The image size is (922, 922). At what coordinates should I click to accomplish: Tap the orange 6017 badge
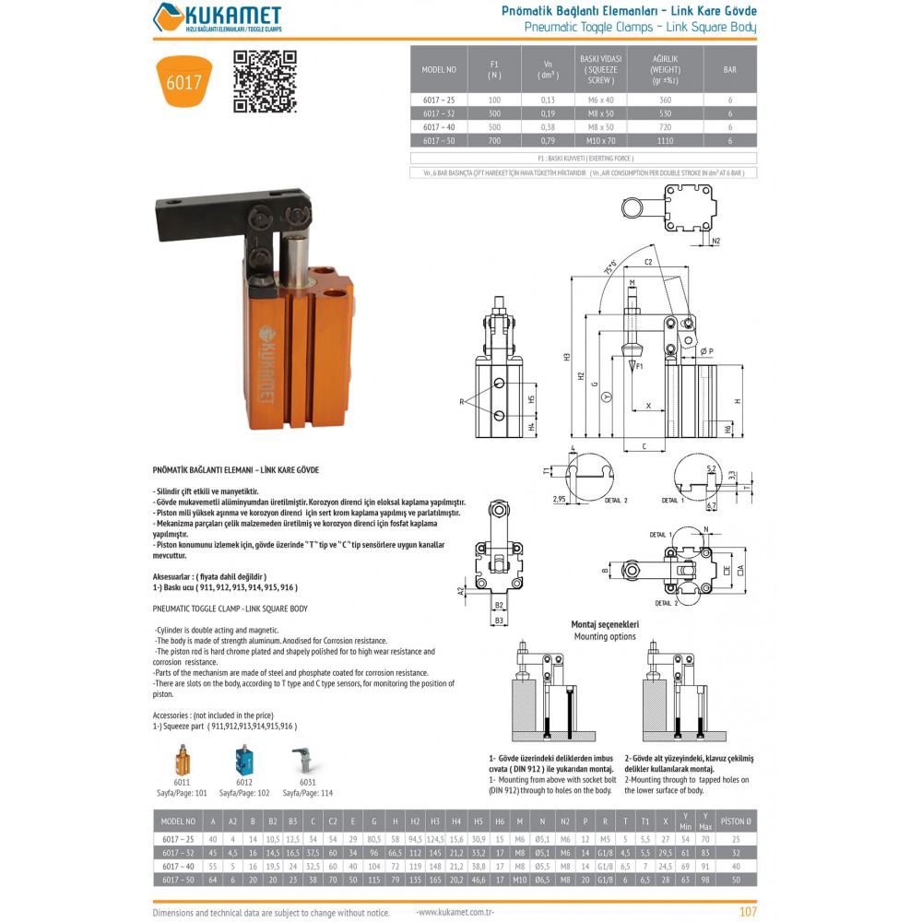point(183,82)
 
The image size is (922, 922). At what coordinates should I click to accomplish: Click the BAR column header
point(729,69)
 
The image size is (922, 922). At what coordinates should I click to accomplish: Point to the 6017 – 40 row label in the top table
point(440,126)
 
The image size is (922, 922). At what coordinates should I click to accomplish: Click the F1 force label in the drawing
point(640,366)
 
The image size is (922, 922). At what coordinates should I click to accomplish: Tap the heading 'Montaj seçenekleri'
point(605,624)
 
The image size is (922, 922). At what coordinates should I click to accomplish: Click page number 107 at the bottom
point(748,912)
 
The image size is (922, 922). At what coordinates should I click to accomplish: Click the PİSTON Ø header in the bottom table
point(736,821)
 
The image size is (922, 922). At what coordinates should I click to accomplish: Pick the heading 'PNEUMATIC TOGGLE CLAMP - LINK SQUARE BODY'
point(230,609)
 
